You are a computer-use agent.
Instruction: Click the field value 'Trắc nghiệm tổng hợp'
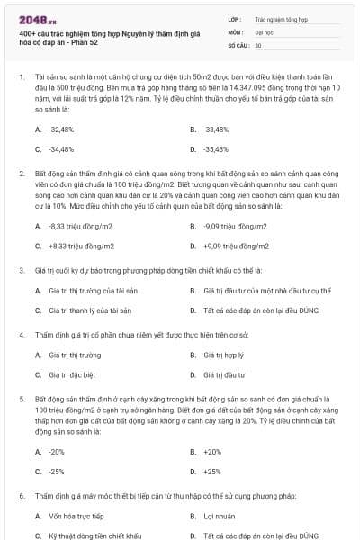click(281, 18)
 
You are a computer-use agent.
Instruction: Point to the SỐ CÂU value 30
click(257, 43)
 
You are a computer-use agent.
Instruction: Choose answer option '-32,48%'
click(61, 130)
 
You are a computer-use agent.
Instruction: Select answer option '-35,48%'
click(216, 148)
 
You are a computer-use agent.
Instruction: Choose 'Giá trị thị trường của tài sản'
click(86, 291)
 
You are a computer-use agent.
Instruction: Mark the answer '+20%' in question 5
click(212, 452)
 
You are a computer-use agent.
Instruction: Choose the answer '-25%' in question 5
click(57, 471)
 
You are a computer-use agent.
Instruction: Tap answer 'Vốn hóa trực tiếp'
click(71, 516)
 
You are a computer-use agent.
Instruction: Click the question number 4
click(21, 335)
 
